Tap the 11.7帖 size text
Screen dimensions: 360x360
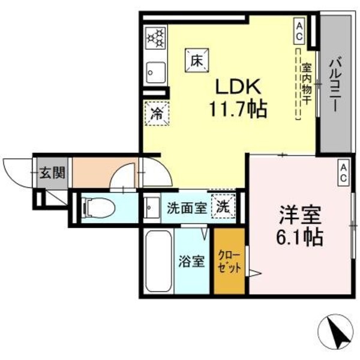click(238, 110)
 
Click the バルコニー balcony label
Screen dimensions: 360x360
click(336, 84)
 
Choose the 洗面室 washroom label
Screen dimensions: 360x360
click(185, 208)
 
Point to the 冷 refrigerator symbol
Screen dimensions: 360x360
click(156, 113)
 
